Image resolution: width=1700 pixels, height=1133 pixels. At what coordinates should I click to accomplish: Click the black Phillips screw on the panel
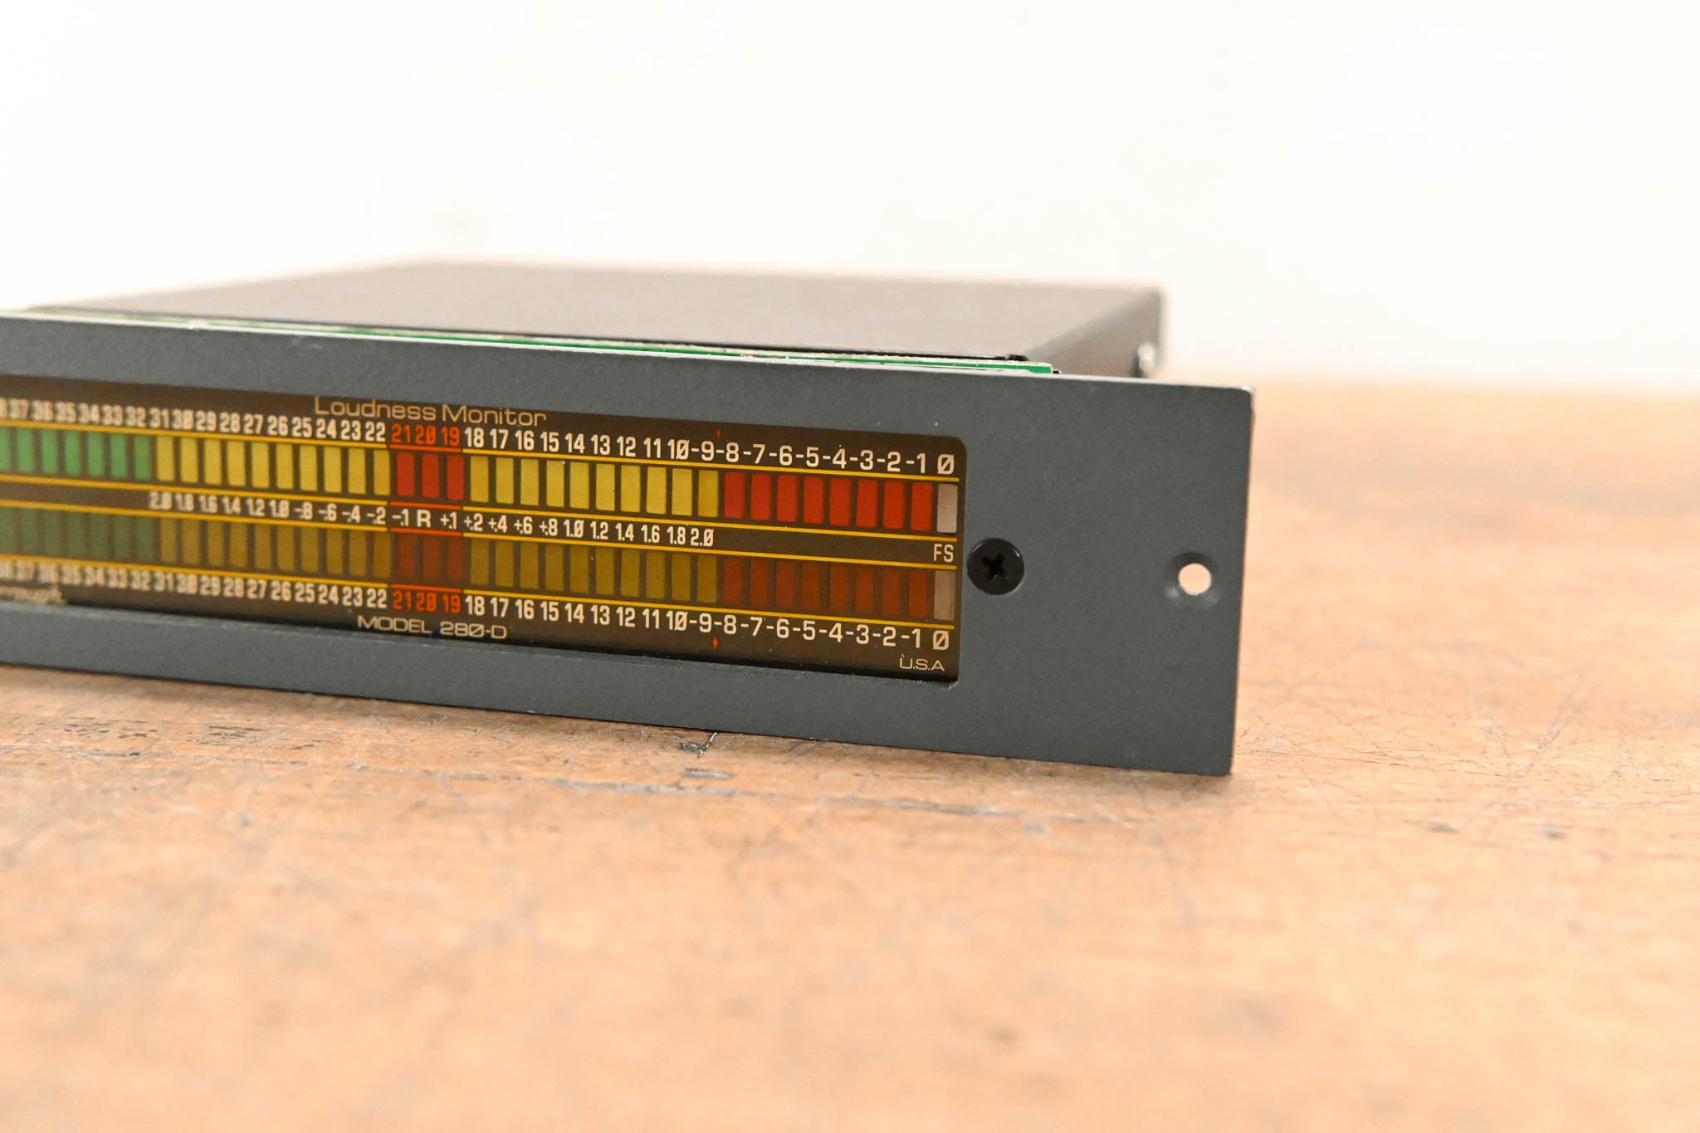point(996,566)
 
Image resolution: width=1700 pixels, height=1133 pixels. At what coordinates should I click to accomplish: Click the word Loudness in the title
point(374,409)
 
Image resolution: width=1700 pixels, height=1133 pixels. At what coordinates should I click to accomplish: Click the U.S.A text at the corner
point(921,665)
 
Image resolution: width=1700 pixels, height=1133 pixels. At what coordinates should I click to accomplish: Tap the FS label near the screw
point(943,553)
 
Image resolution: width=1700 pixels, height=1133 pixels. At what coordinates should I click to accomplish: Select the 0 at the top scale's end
point(945,465)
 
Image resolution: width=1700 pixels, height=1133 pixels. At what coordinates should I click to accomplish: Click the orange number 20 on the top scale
point(426,436)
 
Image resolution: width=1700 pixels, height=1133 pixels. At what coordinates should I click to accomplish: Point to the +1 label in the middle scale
point(448,521)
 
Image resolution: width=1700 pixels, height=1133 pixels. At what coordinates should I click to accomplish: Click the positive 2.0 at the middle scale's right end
point(701,538)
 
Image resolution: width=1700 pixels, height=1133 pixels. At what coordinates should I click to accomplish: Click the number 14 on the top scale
point(574,443)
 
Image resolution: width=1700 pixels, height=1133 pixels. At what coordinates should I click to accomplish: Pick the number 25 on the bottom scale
point(305,593)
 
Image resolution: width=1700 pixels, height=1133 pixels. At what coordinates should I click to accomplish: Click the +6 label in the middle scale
point(523,525)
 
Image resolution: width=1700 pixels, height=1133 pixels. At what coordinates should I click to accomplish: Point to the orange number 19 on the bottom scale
point(451,602)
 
